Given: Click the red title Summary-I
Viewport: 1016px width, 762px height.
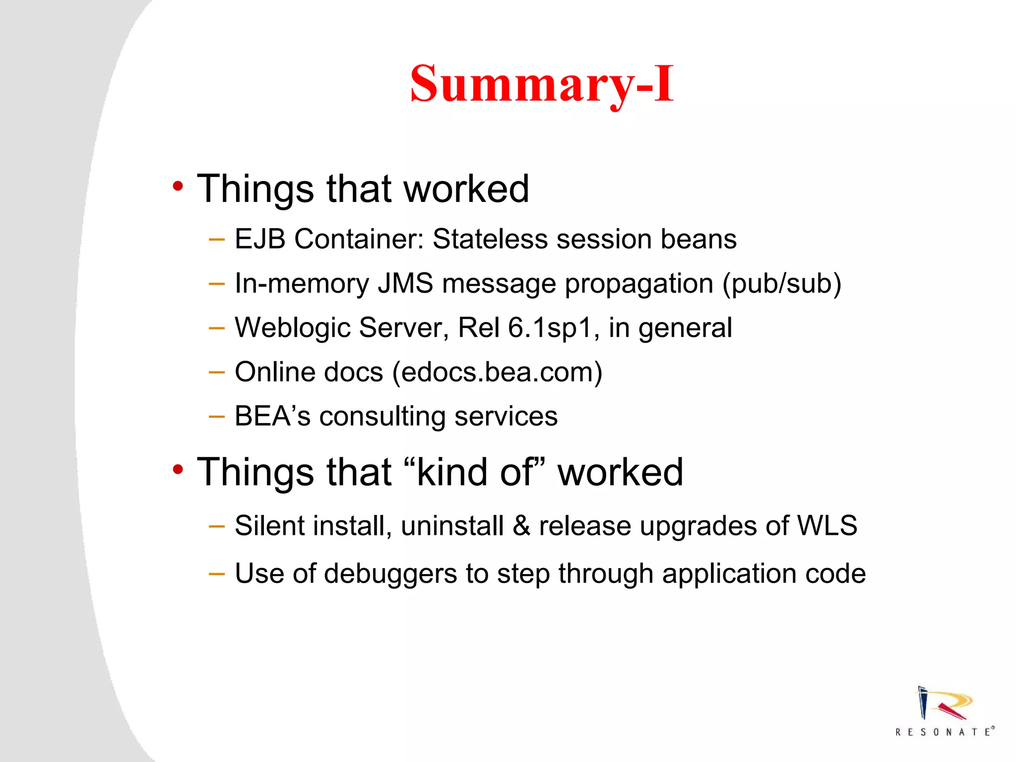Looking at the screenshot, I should (x=542, y=84).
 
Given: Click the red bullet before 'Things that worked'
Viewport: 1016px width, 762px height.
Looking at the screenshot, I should (x=178, y=187).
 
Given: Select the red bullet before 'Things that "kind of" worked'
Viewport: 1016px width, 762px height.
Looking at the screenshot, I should (x=178, y=469).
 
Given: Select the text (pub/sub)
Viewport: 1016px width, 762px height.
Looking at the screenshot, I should (x=781, y=284).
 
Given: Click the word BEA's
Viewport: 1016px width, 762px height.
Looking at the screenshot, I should (x=272, y=416).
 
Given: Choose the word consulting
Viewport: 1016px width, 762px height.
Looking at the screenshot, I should (x=382, y=417).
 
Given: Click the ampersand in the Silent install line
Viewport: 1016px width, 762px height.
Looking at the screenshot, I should (x=521, y=526).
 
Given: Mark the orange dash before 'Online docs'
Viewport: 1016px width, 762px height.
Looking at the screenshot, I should (x=217, y=372).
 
